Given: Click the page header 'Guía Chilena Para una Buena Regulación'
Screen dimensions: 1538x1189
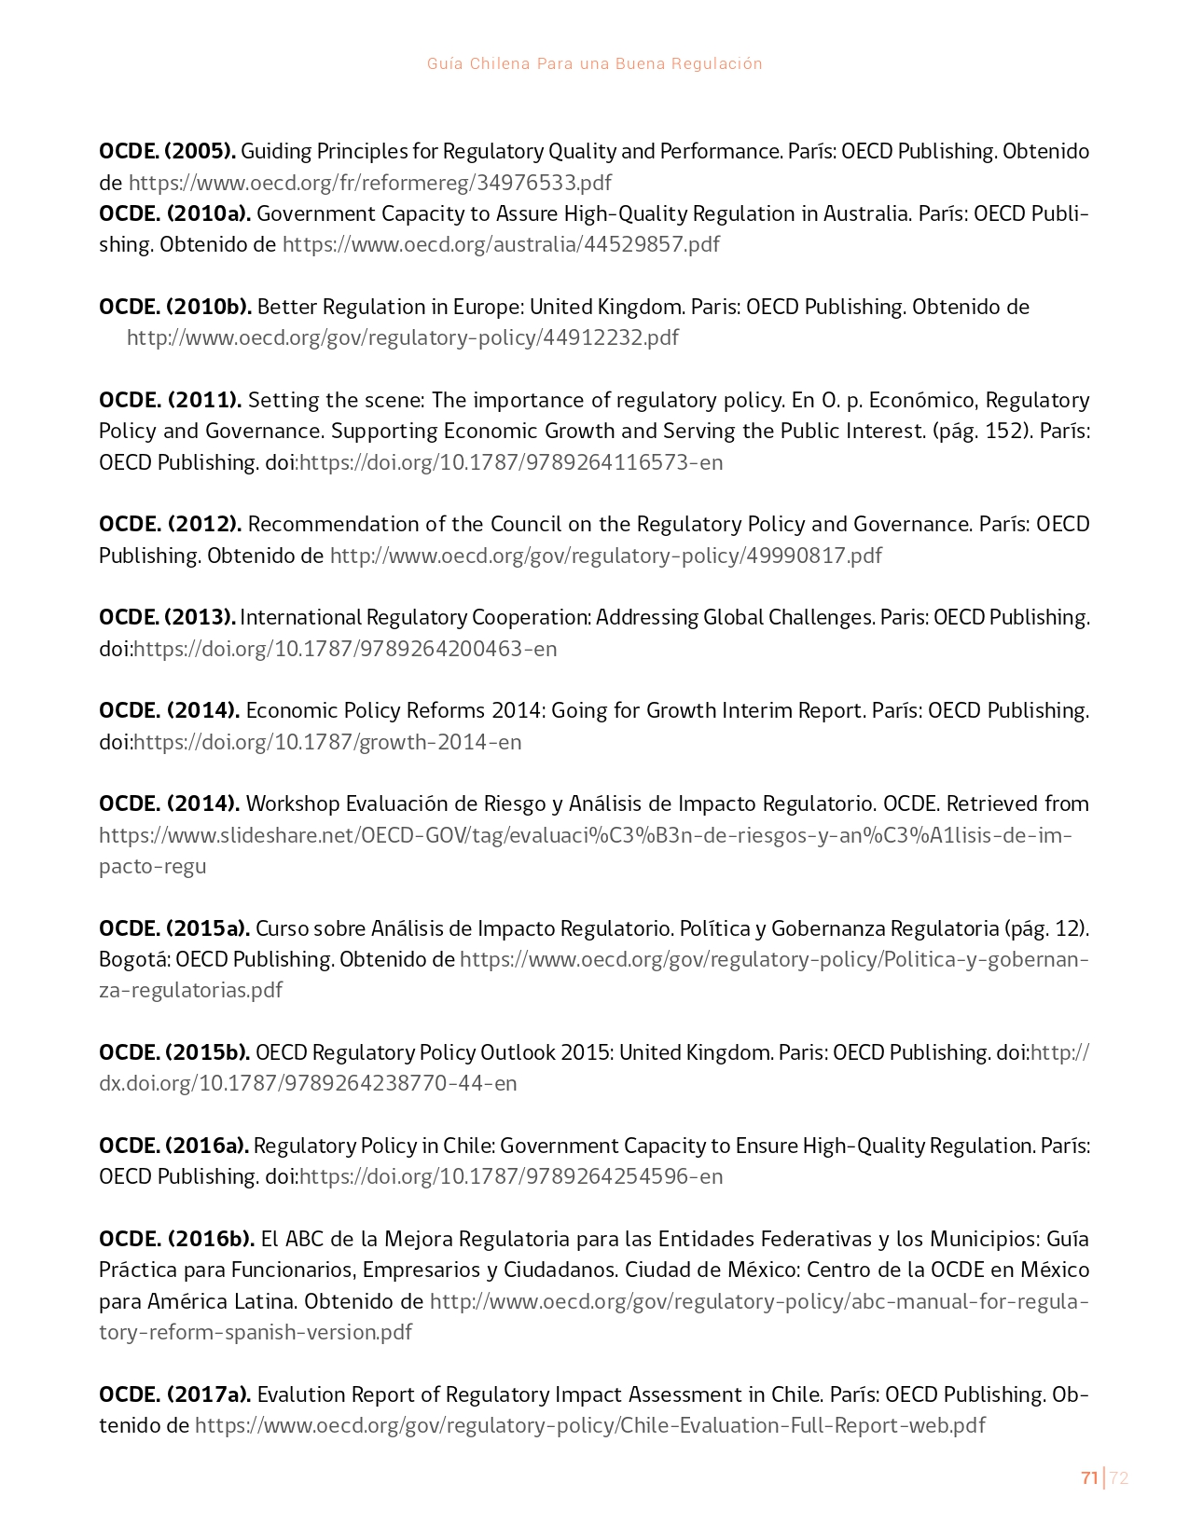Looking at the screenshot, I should (x=594, y=63).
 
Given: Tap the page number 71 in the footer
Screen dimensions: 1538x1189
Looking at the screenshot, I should (x=1088, y=1477).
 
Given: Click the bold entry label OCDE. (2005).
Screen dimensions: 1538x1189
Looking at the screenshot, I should (x=167, y=151).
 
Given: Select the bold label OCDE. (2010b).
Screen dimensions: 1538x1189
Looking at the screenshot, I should (x=174, y=307).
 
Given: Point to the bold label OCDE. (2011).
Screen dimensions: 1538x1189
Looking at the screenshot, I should (x=170, y=400).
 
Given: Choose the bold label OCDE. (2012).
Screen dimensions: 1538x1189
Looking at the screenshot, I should (x=170, y=524).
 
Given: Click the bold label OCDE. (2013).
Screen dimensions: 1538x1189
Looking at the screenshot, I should (x=167, y=617).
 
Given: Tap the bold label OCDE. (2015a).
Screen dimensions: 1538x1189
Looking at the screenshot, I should (x=173, y=928).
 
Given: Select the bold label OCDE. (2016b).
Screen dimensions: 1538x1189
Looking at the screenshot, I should (x=176, y=1239).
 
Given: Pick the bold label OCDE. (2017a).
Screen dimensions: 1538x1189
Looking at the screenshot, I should (x=174, y=1394).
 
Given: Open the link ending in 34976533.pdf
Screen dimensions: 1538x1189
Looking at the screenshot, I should (x=369, y=183).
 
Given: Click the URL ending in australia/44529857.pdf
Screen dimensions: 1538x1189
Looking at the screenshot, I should (x=501, y=244).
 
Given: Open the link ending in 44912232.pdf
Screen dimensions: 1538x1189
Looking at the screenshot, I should (x=403, y=337).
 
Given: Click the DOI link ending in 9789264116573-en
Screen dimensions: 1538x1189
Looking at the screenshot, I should (x=510, y=462).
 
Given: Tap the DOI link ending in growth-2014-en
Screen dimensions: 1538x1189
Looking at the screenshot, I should (x=327, y=742).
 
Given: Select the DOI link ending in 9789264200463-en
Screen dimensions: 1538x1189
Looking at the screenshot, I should (x=345, y=649).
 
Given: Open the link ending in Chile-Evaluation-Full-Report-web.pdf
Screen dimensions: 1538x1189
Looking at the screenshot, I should (x=589, y=1425).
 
